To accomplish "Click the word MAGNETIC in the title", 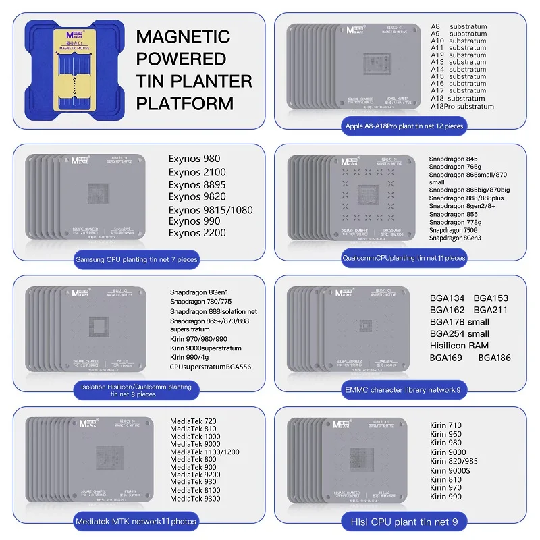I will click(x=183, y=36).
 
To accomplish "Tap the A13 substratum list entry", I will click(x=458, y=62).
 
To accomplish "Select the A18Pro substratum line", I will click(x=462, y=106).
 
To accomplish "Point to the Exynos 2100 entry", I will click(x=197, y=172).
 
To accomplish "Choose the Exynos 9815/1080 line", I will click(x=211, y=210).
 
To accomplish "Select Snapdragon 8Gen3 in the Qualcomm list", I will click(x=455, y=238).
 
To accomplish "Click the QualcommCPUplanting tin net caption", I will click(x=404, y=257).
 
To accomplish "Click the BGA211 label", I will click(x=491, y=310).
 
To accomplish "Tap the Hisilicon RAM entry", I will click(x=459, y=346).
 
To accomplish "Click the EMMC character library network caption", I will click(x=403, y=389).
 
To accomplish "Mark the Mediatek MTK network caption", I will click(x=136, y=521).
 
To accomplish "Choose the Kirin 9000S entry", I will click(x=449, y=470).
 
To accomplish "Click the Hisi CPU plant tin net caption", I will click(x=403, y=521).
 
